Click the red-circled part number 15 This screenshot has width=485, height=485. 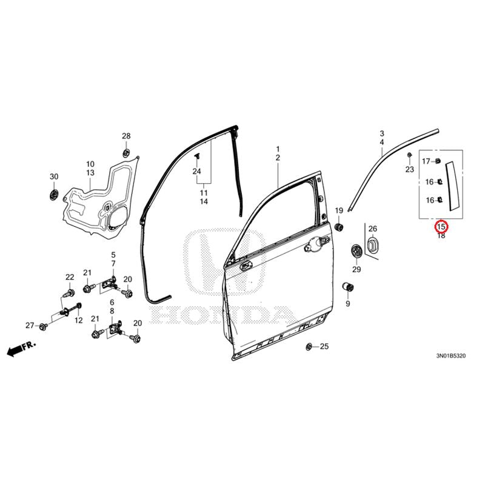[441, 227]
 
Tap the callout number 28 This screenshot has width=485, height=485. [126, 136]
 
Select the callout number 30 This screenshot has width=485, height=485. [54, 176]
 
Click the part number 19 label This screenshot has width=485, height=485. [339, 210]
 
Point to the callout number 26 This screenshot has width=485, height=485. [372, 229]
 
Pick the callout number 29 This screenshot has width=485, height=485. [356, 269]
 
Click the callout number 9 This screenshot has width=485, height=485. [348, 303]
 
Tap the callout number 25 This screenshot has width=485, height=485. [324, 347]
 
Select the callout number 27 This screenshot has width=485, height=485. [29, 326]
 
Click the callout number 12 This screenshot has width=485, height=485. [78, 321]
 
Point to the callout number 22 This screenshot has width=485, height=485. [69, 277]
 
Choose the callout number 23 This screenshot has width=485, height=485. [409, 170]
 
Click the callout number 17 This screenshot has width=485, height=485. [426, 161]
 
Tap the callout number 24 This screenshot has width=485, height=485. [196, 172]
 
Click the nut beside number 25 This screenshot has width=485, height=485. [309, 347]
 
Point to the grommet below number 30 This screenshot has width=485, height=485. [54, 195]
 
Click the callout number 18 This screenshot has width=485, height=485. [441, 236]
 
